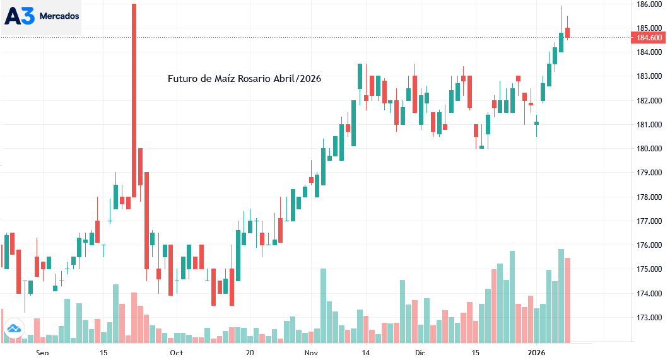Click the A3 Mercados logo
42,16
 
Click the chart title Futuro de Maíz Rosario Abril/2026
245,79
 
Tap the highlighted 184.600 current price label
649,38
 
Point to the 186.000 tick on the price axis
649,4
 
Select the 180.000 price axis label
649,149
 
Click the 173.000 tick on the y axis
649,318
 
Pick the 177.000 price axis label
649,221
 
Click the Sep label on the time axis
42,353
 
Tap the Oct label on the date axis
177,353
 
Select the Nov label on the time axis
311,353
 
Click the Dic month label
420,353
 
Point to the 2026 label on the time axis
536,353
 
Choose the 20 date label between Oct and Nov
249,353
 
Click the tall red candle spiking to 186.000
134,95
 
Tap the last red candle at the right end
568,32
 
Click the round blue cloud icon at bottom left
13,328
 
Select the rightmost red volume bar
568,299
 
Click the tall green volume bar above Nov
324,305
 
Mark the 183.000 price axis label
649,76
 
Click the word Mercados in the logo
59,16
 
